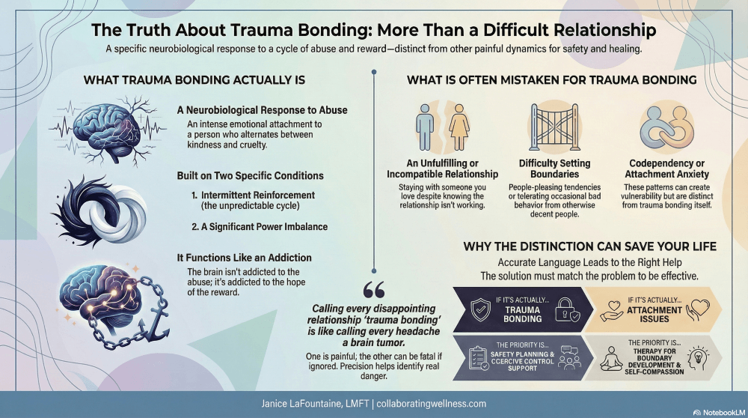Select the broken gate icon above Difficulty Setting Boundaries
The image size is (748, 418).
point(554,127)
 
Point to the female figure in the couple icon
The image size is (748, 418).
point(456,125)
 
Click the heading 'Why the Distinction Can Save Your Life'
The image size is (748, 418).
point(590,246)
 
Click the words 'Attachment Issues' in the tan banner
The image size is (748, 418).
point(654,314)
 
